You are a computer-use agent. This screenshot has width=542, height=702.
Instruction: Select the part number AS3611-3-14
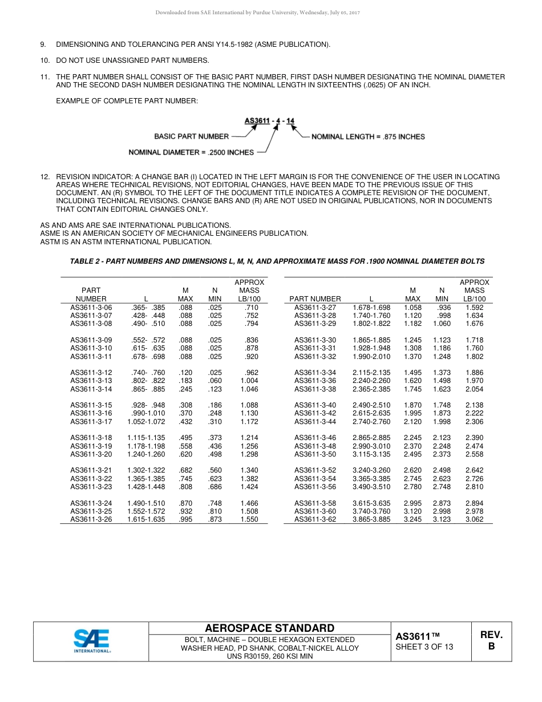[91, 389]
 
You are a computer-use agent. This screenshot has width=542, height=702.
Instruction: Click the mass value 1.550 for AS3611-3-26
[249, 519]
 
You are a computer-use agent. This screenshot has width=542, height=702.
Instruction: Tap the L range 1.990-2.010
[371, 357]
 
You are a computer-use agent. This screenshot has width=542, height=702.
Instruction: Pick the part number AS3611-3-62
[315, 519]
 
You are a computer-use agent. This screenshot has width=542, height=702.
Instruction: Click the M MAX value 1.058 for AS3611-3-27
[412, 308]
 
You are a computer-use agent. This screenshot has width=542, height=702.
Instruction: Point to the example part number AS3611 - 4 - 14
[269, 120]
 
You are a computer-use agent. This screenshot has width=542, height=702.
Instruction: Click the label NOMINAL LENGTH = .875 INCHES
[368, 137]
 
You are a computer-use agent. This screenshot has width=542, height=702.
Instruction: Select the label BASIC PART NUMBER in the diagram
[191, 136]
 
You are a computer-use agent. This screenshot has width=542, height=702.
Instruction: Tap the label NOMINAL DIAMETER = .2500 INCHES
[191, 152]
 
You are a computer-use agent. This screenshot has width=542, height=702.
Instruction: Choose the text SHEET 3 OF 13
[424, 647]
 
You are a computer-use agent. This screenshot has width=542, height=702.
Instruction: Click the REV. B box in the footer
[491, 640]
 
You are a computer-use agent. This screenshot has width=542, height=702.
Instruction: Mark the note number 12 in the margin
[44, 177]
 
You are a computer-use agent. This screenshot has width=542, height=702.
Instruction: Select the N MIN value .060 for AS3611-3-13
[215, 381]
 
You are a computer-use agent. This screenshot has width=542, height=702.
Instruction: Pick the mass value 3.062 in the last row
[474, 519]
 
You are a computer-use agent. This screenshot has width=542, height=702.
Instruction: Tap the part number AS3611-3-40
[315, 405]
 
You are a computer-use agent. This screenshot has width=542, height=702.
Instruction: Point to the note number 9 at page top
[43, 45]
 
